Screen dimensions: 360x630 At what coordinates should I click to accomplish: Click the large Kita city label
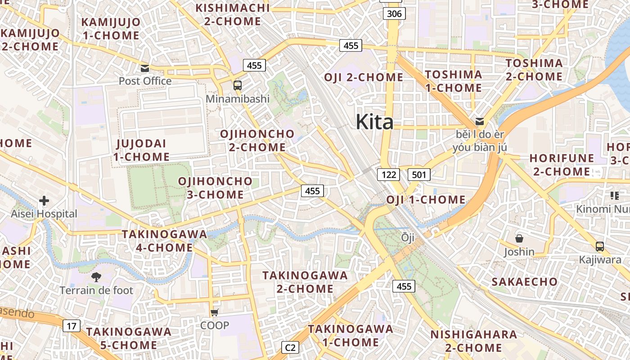pyautogui.click(x=374, y=121)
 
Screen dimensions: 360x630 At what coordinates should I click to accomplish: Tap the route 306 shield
pyautogui.click(x=394, y=13)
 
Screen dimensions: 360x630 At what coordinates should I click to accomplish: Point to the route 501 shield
pyautogui.click(x=419, y=175)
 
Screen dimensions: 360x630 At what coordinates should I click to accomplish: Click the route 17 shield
pyautogui.click(x=71, y=326)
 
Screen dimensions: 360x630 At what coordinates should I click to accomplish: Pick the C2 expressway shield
pyautogui.click(x=290, y=347)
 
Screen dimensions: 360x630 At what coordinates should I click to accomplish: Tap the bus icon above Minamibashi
pyautogui.click(x=237, y=85)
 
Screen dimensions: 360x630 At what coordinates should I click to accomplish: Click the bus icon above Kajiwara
pyautogui.click(x=599, y=246)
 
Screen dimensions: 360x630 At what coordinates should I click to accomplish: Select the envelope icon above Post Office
pyautogui.click(x=145, y=68)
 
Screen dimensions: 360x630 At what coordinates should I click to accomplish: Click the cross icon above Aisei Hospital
pyautogui.click(x=44, y=201)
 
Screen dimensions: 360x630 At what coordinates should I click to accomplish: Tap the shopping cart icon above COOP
pyautogui.click(x=215, y=312)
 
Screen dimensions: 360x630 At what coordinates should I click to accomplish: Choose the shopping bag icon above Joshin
pyautogui.click(x=519, y=238)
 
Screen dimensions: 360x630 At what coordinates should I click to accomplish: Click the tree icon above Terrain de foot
pyautogui.click(x=96, y=277)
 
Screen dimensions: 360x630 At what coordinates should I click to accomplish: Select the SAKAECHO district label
pyautogui.click(x=524, y=282)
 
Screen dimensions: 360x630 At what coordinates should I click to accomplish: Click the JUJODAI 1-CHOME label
pyautogui.click(x=141, y=150)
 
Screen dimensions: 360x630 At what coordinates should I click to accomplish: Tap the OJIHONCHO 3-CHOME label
pyautogui.click(x=215, y=188)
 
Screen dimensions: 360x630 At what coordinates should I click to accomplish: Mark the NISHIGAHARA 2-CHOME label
pyautogui.click(x=473, y=341)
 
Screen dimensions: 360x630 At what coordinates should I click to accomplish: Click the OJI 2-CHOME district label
pyautogui.click(x=364, y=77)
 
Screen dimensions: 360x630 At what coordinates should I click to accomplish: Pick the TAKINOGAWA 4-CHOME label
pyautogui.click(x=164, y=241)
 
